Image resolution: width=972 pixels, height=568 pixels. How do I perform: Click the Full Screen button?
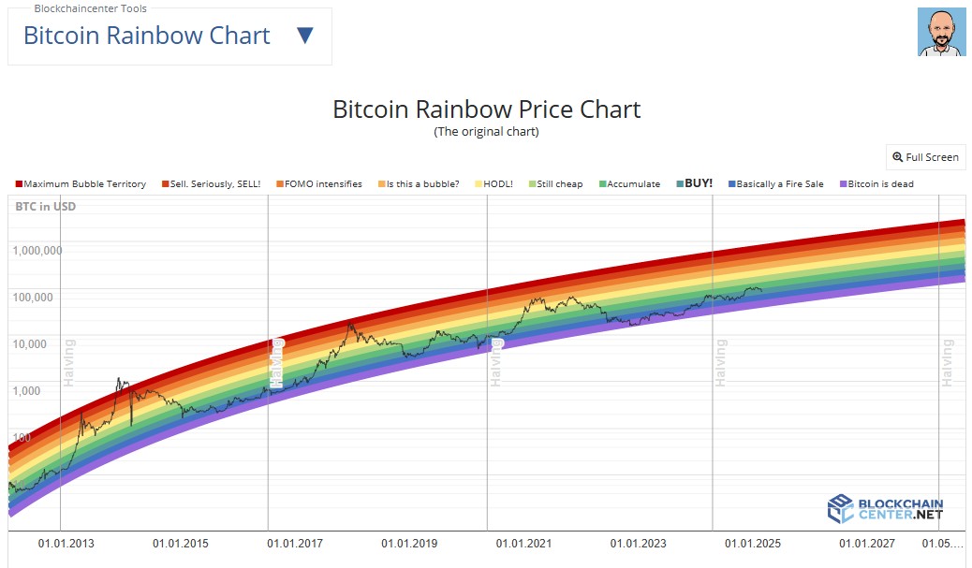(x=925, y=157)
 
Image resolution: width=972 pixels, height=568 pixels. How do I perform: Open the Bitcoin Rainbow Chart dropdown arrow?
(x=304, y=36)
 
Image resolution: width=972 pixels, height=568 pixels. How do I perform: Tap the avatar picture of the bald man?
(x=941, y=33)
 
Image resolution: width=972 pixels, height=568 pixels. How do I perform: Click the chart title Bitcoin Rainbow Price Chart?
(x=486, y=109)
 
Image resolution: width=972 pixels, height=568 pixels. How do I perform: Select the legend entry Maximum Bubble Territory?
(x=81, y=184)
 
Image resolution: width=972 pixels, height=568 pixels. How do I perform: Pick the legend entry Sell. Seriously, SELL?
(x=211, y=184)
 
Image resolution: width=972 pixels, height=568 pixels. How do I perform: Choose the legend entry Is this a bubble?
(x=419, y=184)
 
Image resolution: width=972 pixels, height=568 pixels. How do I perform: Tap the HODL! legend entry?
(x=493, y=184)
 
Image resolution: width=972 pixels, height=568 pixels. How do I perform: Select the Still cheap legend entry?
(x=555, y=184)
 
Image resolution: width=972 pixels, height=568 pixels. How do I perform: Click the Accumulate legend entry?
(x=629, y=184)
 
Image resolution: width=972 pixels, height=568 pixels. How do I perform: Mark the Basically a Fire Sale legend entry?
(x=774, y=184)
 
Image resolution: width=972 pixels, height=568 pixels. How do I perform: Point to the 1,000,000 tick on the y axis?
(x=37, y=251)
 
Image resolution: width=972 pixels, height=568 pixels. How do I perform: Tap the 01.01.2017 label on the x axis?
(x=295, y=543)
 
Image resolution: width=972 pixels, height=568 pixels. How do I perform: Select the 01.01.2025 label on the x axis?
(x=753, y=543)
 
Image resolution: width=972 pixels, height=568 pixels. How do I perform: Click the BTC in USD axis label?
(x=46, y=206)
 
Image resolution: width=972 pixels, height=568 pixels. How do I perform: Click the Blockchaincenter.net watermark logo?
(x=885, y=509)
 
